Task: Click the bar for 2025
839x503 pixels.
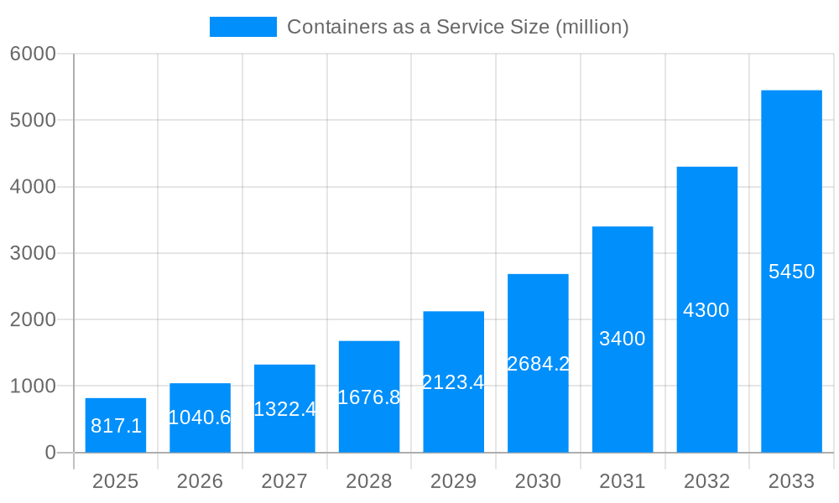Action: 116,425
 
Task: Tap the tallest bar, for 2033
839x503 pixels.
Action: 791,271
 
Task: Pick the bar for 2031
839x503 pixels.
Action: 623,340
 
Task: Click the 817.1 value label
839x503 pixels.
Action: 116,426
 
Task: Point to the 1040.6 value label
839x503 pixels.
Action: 200,417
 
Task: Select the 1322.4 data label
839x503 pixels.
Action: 284,409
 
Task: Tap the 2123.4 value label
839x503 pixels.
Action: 453,382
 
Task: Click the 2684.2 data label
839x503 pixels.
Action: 538,364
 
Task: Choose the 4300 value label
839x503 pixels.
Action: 706,310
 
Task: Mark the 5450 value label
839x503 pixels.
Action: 791,272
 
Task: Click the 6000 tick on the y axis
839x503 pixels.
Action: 33,54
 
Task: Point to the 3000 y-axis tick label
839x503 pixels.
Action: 33,253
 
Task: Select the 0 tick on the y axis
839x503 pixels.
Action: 50,453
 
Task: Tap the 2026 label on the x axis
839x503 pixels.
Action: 200,481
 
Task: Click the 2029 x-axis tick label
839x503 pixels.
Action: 453,481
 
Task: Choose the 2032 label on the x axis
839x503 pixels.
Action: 706,481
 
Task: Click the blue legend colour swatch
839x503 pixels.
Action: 242,27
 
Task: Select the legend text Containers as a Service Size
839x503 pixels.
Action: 457,27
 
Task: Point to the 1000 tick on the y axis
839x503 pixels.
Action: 33,386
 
